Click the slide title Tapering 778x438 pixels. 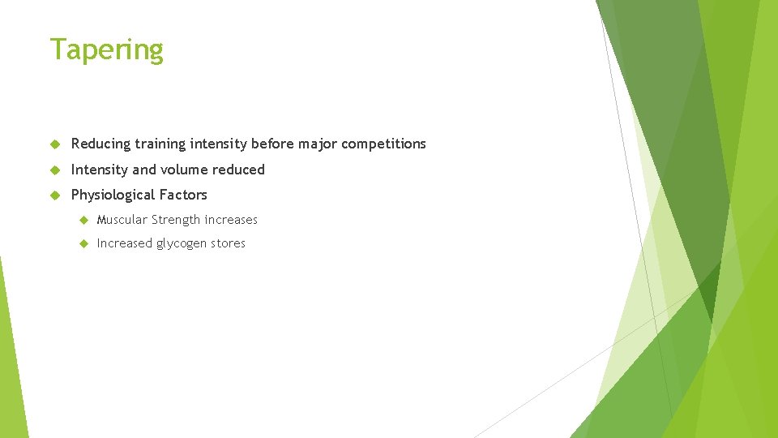pyautogui.click(x=106, y=50)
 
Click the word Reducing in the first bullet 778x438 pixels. pyautogui.click(x=100, y=144)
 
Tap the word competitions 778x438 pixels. pyautogui.click(x=383, y=144)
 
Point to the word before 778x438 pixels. pyautogui.click(x=272, y=144)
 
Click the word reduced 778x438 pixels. pyautogui.click(x=240, y=170)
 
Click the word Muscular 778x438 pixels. pyautogui.click(x=122, y=220)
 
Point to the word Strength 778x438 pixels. pyautogui.click(x=176, y=220)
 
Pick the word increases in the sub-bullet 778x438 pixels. pyautogui.click(x=231, y=220)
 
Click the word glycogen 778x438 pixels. pyautogui.click(x=180, y=244)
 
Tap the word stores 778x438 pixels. pyautogui.click(x=228, y=243)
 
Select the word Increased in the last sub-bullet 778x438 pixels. pyautogui.click(x=124, y=243)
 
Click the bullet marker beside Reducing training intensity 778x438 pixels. pyautogui.click(x=55, y=144)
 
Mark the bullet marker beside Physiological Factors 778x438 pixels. pyautogui.click(x=55, y=195)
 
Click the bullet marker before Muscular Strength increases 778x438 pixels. pyautogui.click(x=83, y=220)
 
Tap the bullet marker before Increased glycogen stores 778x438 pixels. pyautogui.click(x=83, y=243)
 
